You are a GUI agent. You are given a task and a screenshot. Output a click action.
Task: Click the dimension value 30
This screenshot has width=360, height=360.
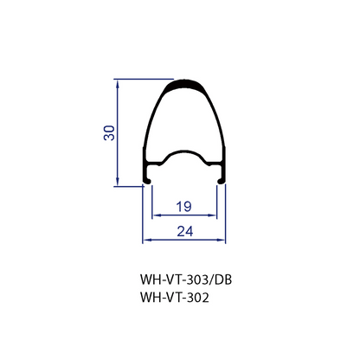109,132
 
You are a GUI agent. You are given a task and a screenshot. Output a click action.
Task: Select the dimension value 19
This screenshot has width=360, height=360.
184,207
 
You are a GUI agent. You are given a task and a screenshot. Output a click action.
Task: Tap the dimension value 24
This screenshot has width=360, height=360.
185,231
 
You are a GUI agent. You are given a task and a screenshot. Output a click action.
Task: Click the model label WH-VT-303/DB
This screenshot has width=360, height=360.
186,280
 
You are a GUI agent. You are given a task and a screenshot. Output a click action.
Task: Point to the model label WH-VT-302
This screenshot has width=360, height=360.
175,297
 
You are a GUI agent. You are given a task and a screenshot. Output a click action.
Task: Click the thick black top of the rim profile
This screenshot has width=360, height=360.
183,84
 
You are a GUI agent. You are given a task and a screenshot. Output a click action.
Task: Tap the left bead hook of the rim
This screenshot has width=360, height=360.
147,181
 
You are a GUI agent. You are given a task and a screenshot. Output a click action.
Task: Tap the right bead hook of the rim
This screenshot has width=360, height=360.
222,181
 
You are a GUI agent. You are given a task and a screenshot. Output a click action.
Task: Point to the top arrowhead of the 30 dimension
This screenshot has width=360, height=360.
117,84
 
